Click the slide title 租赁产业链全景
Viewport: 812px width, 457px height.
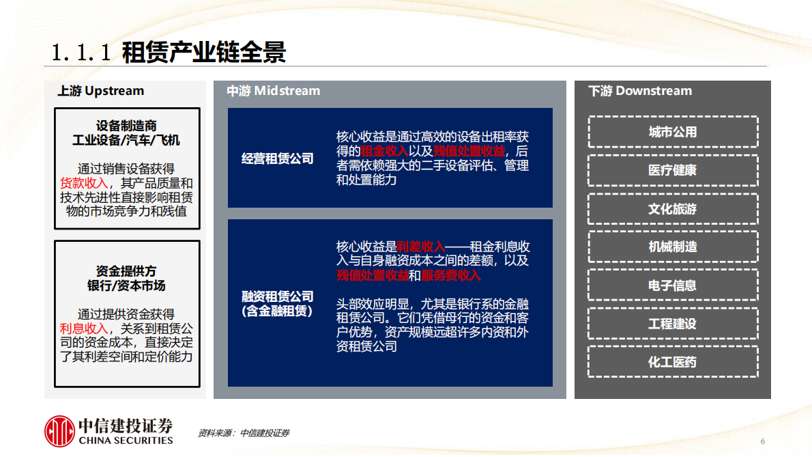[x=203, y=52]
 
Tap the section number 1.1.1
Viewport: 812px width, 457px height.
[x=81, y=53]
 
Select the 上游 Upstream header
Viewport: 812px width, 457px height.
[x=100, y=91]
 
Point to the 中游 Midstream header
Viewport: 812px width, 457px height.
[x=273, y=91]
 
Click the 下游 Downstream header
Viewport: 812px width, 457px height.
[x=639, y=91]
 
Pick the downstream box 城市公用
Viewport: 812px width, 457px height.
[x=672, y=132]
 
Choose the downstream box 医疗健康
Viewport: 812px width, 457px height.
[x=672, y=170]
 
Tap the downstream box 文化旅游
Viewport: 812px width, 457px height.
[x=672, y=209]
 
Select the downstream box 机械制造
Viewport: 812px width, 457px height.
[x=672, y=247]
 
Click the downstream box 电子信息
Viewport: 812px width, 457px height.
[x=672, y=286]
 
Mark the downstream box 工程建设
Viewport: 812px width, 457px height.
[x=672, y=324]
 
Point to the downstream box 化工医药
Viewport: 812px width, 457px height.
[x=672, y=362]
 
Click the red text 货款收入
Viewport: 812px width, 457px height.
[x=84, y=183]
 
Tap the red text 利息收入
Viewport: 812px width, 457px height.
[x=84, y=329]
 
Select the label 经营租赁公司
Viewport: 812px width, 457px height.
[x=278, y=158]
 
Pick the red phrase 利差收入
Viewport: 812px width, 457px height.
[x=420, y=246]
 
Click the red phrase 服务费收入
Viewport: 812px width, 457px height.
[x=450, y=275]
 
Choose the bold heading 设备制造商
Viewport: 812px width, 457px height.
[x=126, y=126]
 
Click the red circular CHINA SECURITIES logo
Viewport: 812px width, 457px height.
[x=59, y=431]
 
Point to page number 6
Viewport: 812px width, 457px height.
[x=762, y=441]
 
